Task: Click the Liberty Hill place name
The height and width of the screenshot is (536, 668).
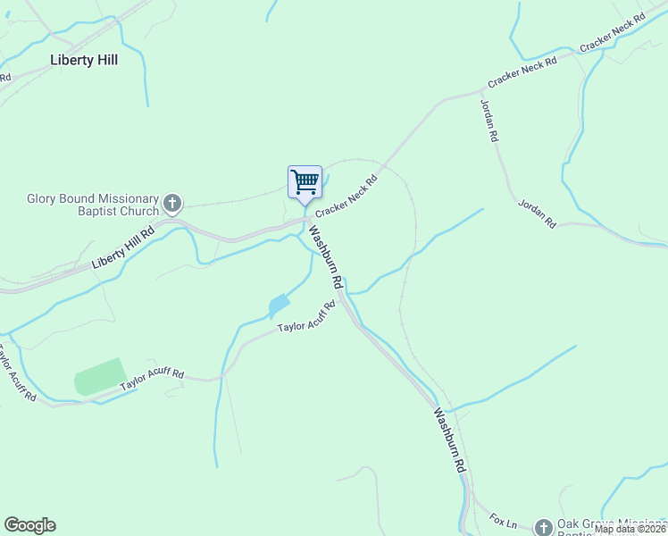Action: (84, 61)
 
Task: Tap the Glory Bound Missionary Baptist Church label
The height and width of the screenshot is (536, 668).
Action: (92, 205)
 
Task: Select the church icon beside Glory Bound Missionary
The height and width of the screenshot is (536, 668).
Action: (172, 205)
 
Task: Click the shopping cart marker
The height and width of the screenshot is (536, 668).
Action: (305, 182)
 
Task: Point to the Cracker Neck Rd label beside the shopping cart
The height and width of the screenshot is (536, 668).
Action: (347, 194)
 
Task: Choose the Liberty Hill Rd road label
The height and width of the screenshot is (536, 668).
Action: (123, 248)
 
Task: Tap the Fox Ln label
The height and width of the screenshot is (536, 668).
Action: (504, 520)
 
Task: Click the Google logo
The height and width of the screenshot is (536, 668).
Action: (29, 525)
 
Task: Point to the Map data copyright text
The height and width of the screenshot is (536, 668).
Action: (630, 529)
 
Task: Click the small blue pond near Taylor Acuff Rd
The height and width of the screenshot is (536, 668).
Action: (279, 306)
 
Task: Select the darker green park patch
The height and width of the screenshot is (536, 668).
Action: (100, 377)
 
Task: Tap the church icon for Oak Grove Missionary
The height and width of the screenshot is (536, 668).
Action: (543, 527)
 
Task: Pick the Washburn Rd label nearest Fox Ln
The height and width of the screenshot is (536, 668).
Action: (450, 440)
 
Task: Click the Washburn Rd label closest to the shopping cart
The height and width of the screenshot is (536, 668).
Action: (326, 256)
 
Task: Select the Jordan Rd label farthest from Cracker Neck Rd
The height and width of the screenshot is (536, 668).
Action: (537, 214)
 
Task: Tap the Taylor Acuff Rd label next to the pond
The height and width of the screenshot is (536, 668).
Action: (305, 318)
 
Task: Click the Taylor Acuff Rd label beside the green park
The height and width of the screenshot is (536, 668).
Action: (152, 379)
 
